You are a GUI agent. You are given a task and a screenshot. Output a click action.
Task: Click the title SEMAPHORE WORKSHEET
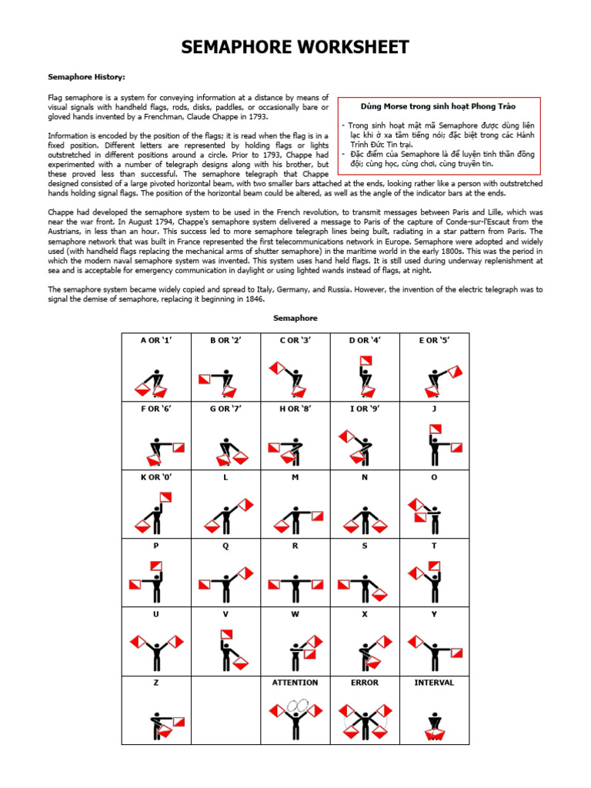(295, 48)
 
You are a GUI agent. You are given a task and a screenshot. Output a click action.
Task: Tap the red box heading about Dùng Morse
(438, 106)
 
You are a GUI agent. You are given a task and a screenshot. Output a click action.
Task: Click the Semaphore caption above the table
(295, 318)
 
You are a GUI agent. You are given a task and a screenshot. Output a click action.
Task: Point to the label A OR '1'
(155, 340)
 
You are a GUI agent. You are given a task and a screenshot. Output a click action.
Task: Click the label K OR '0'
(155, 477)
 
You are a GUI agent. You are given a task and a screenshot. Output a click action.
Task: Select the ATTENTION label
(295, 683)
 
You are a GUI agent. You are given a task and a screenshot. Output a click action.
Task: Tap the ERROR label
(365, 683)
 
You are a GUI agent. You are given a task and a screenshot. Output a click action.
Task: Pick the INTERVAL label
(434, 683)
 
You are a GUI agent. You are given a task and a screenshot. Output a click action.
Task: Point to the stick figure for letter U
(156, 651)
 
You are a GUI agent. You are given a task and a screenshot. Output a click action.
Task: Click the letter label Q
(225, 546)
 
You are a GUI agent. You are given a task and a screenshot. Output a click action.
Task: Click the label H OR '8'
(295, 409)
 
